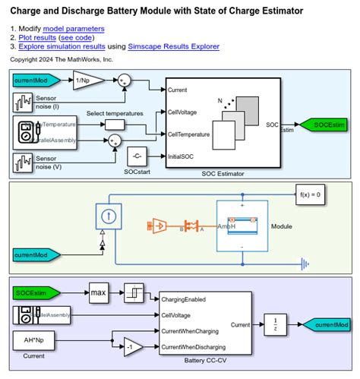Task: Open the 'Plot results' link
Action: tap(36, 37)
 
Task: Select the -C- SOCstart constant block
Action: tap(137, 157)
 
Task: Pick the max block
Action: tap(99, 292)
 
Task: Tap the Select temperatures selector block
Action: tap(116, 124)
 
